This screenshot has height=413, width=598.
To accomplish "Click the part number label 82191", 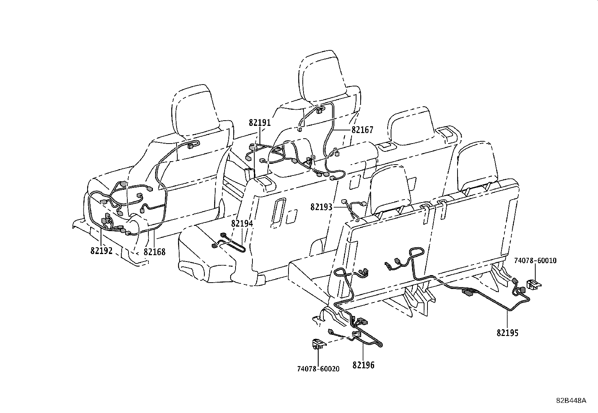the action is pos(260,123).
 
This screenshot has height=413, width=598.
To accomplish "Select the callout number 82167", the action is pos(362,130).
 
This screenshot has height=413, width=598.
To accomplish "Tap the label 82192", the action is pos(101,251).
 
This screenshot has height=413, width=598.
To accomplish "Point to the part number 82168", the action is pos(155,252).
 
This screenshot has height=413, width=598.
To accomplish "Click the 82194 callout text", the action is pos(242,223).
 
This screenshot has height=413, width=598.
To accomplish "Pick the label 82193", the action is pos(321,207).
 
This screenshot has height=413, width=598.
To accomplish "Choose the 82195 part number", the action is pos(507,333).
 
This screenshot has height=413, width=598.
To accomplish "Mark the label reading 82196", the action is pos(363,365).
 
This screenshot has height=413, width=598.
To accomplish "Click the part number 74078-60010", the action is pos(535,260).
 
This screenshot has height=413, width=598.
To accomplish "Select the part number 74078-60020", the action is pos(318,369).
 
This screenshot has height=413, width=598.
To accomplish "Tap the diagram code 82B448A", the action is pos(571,401).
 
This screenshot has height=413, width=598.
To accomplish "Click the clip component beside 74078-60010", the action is pos(534,284).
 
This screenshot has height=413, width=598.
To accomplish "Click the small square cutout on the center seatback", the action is pos(291,216).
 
